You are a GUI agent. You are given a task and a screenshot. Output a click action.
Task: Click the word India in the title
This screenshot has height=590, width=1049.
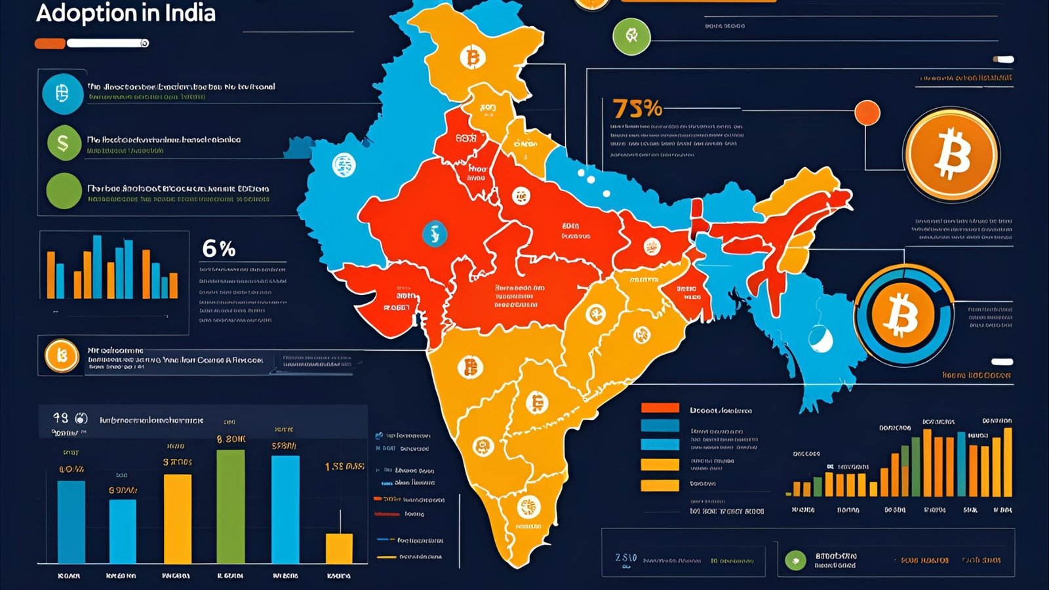[x=191, y=13]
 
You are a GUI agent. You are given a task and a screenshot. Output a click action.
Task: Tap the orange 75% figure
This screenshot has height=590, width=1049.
[x=637, y=108]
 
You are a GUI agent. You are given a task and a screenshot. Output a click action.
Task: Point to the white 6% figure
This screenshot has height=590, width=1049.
[x=218, y=248]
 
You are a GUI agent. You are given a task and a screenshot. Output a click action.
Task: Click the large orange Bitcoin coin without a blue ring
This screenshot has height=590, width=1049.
[x=951, y=155]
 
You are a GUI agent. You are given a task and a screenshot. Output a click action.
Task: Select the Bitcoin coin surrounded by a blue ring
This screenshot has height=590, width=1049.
[x=903, y=315]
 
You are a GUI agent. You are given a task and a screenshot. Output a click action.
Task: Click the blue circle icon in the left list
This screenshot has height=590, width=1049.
[x=63, y=94]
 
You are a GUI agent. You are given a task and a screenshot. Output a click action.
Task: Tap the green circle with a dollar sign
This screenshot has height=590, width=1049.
[x=64, y=142]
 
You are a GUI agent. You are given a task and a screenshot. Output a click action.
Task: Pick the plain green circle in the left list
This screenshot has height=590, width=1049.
[x=64, y=191]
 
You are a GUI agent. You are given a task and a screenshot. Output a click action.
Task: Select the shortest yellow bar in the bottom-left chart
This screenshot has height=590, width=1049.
[x=339, y=548]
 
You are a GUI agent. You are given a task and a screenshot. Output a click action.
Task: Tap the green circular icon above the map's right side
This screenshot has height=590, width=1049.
[x=631, y=36]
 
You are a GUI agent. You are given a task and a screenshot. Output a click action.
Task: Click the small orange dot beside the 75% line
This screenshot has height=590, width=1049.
[x=867, y=113]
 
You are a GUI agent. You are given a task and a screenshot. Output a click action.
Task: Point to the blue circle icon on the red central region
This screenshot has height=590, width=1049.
[x=433, y=233]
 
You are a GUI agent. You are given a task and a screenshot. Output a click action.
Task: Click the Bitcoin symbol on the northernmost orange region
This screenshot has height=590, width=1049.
[x=472, y=58]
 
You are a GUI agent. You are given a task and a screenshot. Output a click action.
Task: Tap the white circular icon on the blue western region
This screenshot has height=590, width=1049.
[x=343, y=165]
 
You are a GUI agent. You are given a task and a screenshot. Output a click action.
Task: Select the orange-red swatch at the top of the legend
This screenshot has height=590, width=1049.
[x=660, y=408]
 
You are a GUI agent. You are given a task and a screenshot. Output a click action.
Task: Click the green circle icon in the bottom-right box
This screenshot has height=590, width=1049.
[x=795, y=560]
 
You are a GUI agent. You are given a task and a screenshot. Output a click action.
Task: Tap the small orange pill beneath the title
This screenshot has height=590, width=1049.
[x=50, y=43]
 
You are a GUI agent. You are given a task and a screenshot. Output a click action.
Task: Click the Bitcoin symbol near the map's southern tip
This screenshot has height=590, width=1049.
[x=527, y=507]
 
